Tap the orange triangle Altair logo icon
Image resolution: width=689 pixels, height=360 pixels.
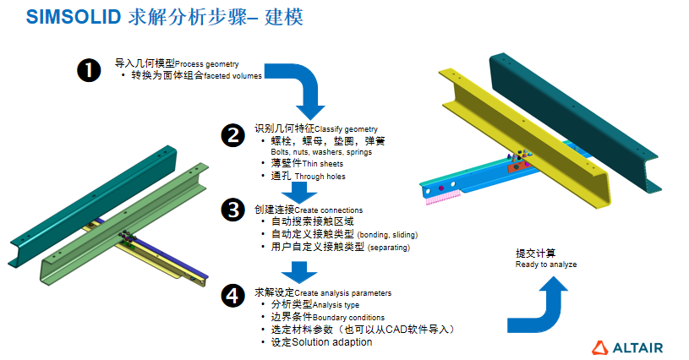click(600, 346)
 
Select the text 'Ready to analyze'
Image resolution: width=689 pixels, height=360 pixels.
click(546, 265)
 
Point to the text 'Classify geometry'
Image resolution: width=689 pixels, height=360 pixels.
click(346, 128)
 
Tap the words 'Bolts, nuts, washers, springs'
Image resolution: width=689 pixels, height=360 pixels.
click(320, 152)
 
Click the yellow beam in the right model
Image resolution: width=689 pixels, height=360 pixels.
click(541, 144)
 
